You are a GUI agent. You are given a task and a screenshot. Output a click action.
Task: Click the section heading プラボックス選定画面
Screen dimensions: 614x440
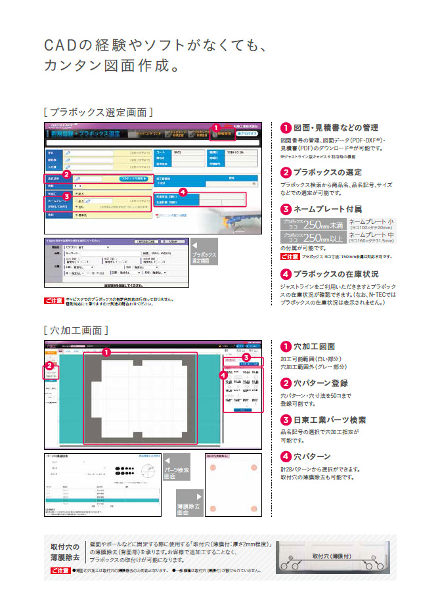[x=98, y=112]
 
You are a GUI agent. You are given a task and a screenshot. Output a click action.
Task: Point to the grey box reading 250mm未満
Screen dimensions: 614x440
[x=313, y=225]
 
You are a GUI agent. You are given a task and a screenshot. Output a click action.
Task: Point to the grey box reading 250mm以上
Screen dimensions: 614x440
[x=313, y=238]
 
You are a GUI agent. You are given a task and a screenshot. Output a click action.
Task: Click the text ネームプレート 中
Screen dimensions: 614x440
[x=374, y=234]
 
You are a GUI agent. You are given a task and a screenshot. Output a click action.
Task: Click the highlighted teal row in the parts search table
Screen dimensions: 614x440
[x=99, y=500]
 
